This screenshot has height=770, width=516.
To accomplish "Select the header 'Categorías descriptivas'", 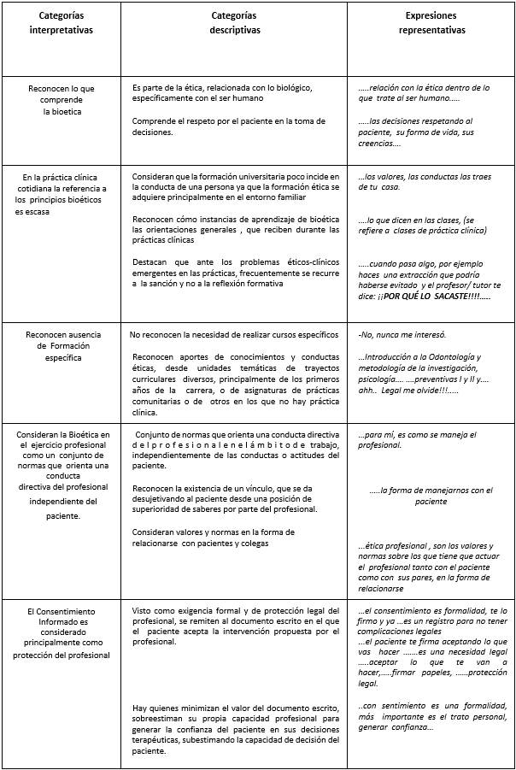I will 235,23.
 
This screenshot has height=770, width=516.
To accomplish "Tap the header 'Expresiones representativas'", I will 431,23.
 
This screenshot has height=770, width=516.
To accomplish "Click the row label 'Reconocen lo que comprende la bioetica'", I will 61,100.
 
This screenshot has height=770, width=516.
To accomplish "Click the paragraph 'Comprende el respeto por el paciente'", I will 229,126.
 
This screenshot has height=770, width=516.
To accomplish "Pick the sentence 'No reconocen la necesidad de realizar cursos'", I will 234,334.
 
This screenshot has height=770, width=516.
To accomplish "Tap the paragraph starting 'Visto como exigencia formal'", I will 236,626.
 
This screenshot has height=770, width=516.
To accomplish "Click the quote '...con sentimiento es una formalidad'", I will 433,716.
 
